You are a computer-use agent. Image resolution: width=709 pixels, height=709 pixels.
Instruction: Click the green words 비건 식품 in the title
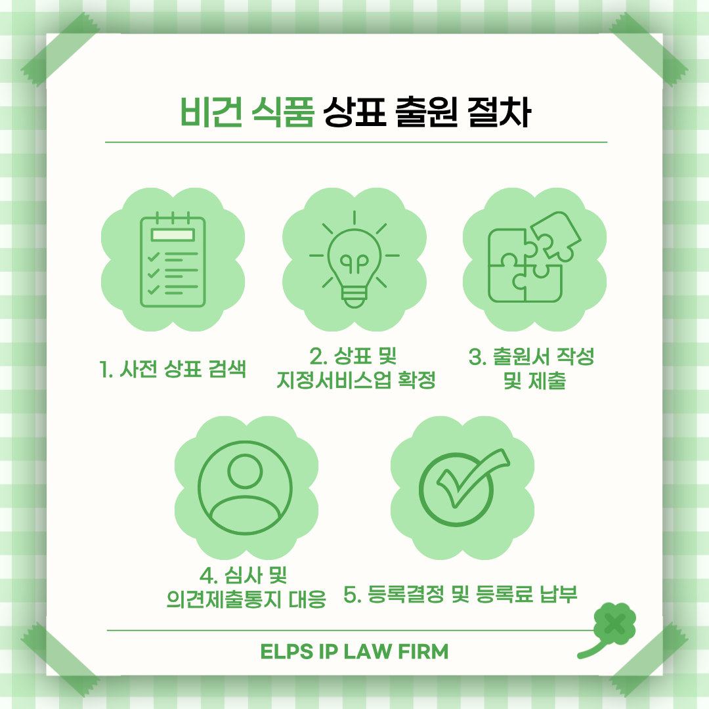tap(247, 111)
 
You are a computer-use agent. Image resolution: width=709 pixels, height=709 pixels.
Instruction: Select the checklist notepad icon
tap(173, 259)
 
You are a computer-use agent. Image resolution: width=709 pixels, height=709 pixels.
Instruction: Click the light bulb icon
tap(354, 259)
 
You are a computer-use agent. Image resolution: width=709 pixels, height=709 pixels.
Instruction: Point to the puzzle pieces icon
tap(534, 257)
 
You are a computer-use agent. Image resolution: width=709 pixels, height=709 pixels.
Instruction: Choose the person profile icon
tap(245, 487)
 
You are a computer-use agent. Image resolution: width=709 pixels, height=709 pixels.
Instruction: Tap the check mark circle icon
tap(464, 487)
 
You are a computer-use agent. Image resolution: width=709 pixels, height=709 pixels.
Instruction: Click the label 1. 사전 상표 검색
tap(173, 369)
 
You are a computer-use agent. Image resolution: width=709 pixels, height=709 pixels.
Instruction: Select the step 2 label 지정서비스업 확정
tap(356, 380)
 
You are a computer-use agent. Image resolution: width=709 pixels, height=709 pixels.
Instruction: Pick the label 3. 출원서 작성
tap(531, 356)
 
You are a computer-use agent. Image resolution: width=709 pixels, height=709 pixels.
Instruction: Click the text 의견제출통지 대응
tap(246, 599)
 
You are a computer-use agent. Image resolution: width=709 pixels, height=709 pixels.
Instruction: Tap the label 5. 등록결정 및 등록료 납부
tap(460, 594)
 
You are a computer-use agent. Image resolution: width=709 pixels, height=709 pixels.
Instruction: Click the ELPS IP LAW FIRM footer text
tap(354, 652)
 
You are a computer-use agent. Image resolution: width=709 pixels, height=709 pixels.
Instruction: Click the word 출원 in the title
tap(427, 111)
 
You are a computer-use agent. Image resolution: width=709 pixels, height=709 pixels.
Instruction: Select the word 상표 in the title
tap(354, 111)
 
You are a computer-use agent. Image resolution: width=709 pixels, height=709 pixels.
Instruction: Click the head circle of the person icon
tap(245, 471)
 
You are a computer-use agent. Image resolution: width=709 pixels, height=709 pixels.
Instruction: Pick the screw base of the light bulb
tap(354, 298)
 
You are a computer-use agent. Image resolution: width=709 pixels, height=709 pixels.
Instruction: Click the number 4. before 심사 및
tap(208, 576)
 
